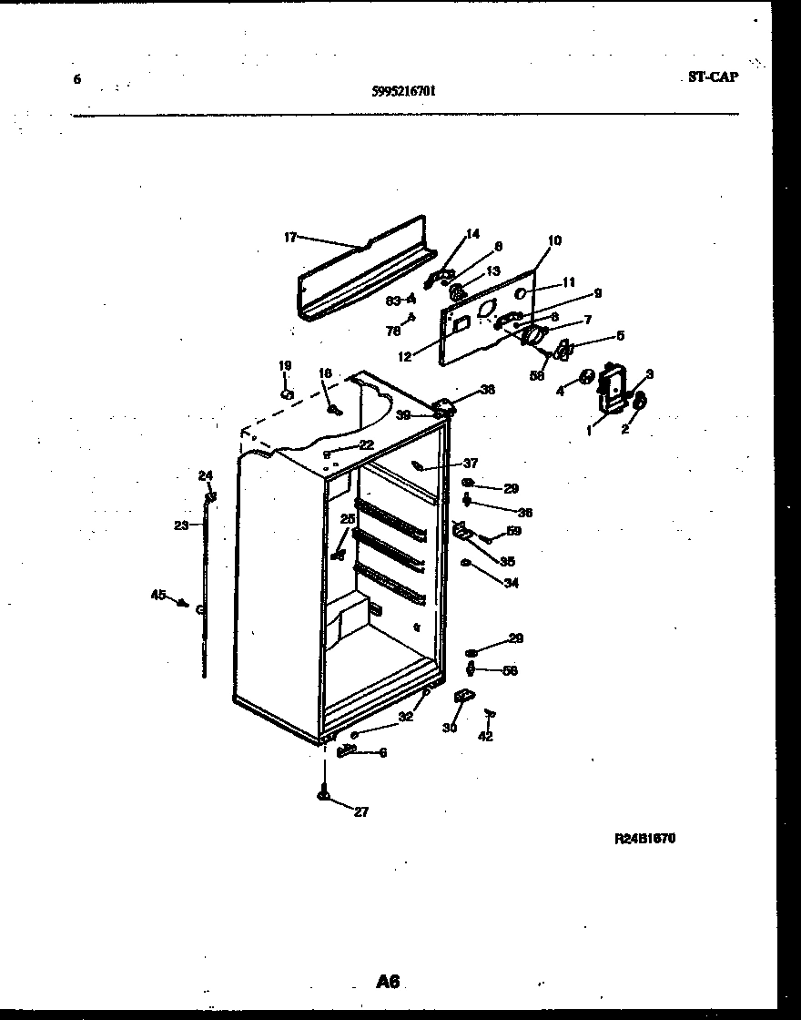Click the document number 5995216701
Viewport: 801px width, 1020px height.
[x=404, y=91]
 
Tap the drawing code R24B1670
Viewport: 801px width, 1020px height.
[x=645, y=839]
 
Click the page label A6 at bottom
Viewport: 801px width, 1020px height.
[x=388, y=981]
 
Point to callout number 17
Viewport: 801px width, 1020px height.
[x=289, y=238]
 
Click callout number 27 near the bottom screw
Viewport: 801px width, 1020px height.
[x=361, y=812]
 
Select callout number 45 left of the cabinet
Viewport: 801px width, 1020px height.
[x=157, y=595]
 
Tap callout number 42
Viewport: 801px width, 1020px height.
[x=486, y=737]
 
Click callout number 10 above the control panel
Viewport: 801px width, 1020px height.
[x=554, y=240]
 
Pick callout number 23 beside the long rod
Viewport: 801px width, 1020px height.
[x=180, y=525]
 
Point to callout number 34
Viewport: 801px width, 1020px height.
[x=511, y=583]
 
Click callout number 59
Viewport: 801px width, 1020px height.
[x=514, y=531]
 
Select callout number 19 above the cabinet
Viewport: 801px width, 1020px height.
[x=284, y=366]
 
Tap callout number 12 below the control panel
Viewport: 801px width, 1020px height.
[x=404, y=357]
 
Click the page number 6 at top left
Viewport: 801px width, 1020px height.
[x=76, y=79]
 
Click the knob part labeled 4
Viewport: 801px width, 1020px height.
[x=587, y=376]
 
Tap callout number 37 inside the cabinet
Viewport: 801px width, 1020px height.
[x=470, y=463]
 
